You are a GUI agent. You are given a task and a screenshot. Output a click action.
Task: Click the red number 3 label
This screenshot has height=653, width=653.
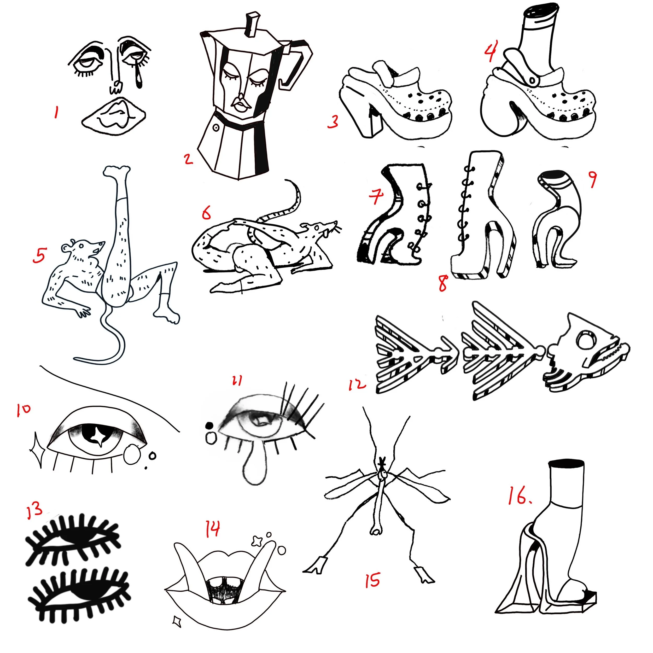click(333, 122)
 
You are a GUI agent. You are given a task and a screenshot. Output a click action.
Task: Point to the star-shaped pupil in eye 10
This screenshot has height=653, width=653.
click(99, 435)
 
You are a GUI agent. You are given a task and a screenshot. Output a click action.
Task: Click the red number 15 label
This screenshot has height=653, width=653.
click(372, 580)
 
